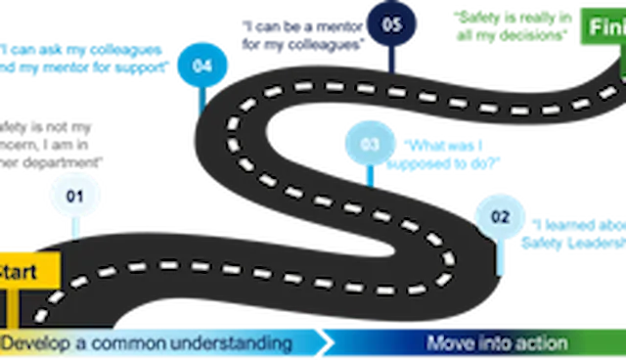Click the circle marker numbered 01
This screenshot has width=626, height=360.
coord(74,195)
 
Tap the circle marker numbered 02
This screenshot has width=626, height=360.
coord(498,216)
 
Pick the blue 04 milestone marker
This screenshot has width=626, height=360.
coord(202,67)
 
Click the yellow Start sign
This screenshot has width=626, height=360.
coord(26,271)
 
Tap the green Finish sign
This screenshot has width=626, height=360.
coord(601,27)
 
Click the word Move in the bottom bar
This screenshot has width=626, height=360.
coord(449,343)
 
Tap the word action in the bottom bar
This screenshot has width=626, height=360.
coord(539,343)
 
